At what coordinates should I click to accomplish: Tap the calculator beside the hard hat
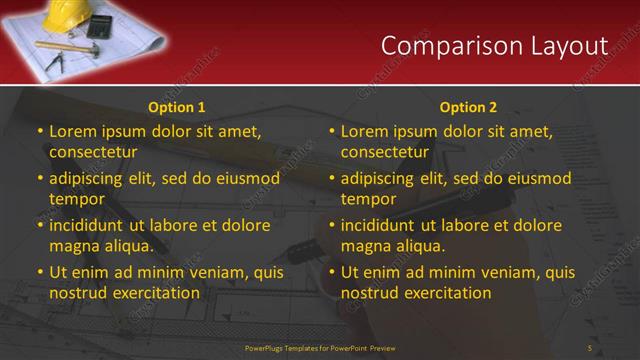[x=100, y=26]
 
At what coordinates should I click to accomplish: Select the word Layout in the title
[x=570, y=46]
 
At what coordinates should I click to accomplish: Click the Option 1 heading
[x=176, y=107]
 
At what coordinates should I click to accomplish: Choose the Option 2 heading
[x=468, y=107]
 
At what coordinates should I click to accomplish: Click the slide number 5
[x=590, y=347]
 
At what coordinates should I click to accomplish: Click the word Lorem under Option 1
[x=71, y=131]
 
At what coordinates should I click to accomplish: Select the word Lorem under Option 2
[x=363, y=131]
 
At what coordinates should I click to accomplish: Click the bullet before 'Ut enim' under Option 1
[x=40, y=272]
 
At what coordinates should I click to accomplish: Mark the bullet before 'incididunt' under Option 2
[x=332, y=226]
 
